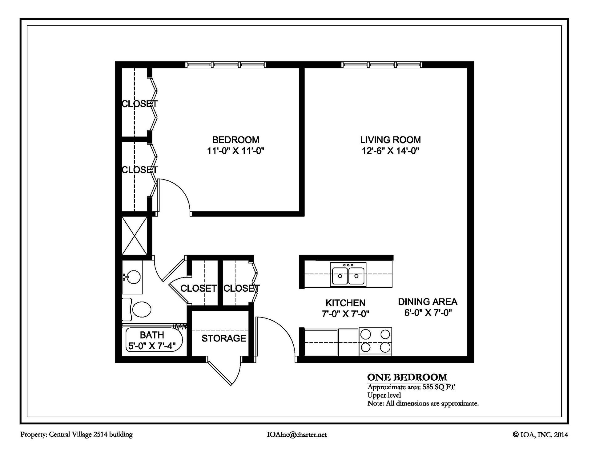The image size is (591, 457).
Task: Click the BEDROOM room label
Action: coord(236,140)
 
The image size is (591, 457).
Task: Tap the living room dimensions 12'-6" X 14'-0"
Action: coord(391,151)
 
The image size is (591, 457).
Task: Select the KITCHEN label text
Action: coord(345,303)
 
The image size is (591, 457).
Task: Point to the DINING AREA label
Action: coord(428,302)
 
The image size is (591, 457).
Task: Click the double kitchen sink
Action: coord(348,274)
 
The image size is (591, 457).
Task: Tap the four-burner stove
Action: coord(375,341)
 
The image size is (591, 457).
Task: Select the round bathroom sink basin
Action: coord(133,277)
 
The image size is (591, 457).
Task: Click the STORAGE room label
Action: coord(224,338)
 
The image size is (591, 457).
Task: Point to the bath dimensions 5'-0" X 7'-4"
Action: coord(152,346)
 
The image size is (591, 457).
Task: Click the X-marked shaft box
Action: coord(134,236)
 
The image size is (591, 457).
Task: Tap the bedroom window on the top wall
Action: coord(226,65)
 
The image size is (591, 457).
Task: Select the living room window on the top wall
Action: coord(382,65)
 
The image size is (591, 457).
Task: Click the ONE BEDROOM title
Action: coord(407,377)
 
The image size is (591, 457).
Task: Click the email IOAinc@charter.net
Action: coord(297,435)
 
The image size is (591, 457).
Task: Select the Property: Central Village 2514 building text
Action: coord(76,435)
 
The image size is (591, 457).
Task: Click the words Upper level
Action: coord(384,395)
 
